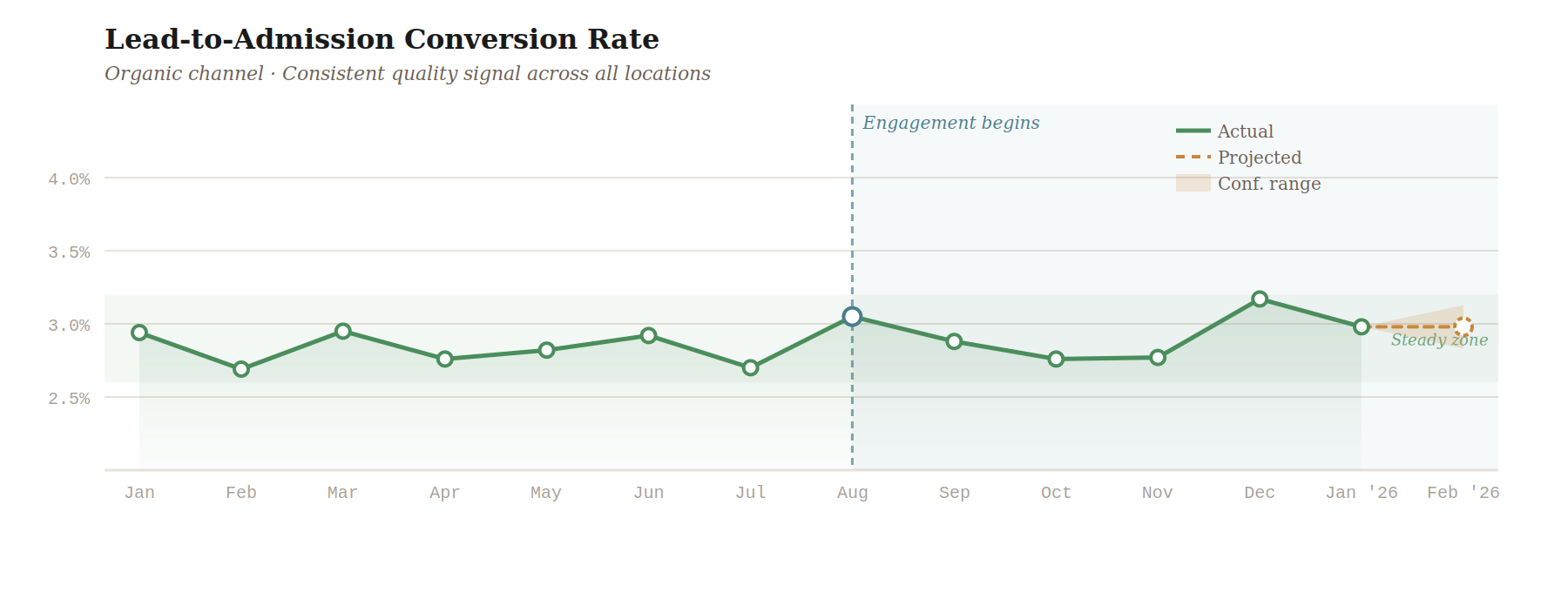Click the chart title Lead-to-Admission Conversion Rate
pyautogui.click(x=382, y=39)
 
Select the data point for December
pyautogui.click(x=1260, y=299)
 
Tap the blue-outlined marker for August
pyautogui.click(x=852, y=317)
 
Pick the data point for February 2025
pyautogui.click(x=241, y=369)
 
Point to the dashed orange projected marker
pyautogui.click(x=1463, y=327)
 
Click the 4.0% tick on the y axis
pyautogui.click(x=69, y=179)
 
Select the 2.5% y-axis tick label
pyautogui.click(x=69, y=399)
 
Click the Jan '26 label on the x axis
pyautogui.click(x=1361, y=493)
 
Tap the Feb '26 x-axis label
pyautogui.click(x=1463, y=493)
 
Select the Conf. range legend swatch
pyautogui.click(x=1193, y=183)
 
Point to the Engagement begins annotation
pyautogui.click(x=950, y=123)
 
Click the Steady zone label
pyautogui.click(x=1439, y=340)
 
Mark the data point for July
pyautogui.click(x=750, y=367)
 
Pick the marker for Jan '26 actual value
pyautogui.click(x=1362, y=326)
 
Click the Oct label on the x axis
pyautogui.click(x=1056, y=493)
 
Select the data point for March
pyautogui.click(x=343, y=331)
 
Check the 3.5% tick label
pyautogui.click(x=69, y=252)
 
